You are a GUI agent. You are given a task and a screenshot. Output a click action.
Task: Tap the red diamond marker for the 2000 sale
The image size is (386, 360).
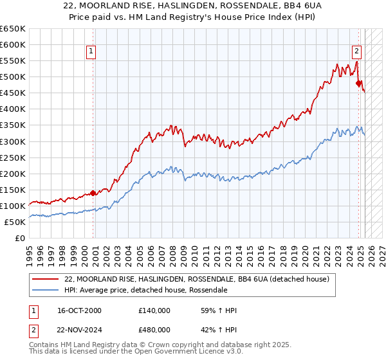(93, 192)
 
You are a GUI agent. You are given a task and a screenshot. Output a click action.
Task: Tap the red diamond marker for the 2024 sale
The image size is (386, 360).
(358, 82)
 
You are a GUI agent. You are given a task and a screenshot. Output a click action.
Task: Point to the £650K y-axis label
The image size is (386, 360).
(13, 29)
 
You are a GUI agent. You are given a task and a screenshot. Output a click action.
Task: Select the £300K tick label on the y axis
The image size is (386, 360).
(13, 141)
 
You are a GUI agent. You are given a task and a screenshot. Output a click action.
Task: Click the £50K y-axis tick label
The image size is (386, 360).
(15, 222)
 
